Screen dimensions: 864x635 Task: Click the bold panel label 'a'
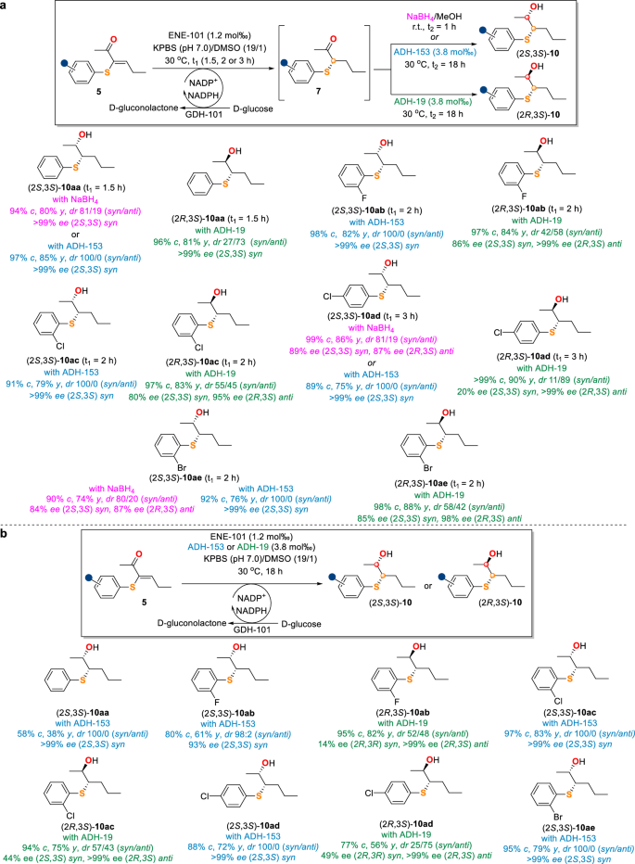coord(6,6)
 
